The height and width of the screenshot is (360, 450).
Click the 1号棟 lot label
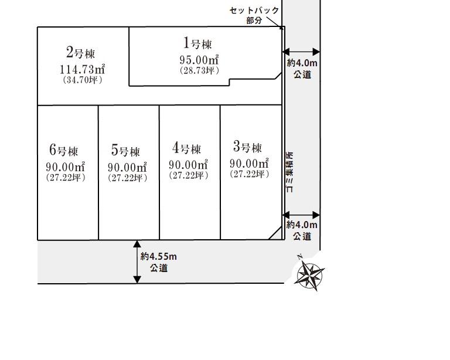pyautogui.click(x=197, y=43)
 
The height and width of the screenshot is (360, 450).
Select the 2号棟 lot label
pyautogui.click(x=80, y=53)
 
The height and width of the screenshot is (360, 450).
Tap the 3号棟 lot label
pyautogui.click(x=247, y=147)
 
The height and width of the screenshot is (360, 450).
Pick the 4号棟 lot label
pyautogui.click(x=187, y=148)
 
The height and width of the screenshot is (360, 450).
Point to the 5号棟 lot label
pyautogui.click(x=125, y=151)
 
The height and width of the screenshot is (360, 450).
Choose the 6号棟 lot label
pyautogui.click(x=64, y=151)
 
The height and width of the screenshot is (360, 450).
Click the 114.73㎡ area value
pyautogui.click(x=82, y=69)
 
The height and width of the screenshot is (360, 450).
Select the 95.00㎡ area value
pyautogui.click(x=199, y=60)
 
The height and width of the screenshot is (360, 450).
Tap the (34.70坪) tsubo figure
pyautogui.click(x=82, y=80)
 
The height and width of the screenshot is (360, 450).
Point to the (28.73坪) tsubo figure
pyautogui.click(x=199, y=70)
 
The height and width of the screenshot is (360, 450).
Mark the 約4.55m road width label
pyautogui.click(x=159, y=257)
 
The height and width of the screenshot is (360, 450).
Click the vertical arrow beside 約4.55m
pyautogui.click(x=137, y=262)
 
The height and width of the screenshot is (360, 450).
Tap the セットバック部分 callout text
pyautogui.click(x=254, y=15)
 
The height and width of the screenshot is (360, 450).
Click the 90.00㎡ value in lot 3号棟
pyautogui.click(x=249, y=163)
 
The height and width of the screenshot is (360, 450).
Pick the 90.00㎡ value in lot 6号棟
pyautogui.click(x=66, y=167)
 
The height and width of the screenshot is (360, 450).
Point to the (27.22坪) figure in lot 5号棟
pyautogui.click(x=127, y=178)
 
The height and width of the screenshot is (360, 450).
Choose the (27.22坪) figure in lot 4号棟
pyautogui.click(x=188, y=175)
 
